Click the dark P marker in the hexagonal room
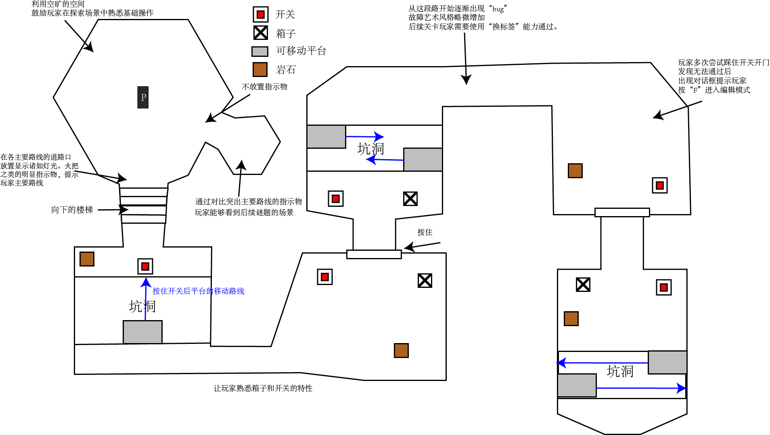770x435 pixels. (x=143, y=97)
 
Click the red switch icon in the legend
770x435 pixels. (x=261, y=15)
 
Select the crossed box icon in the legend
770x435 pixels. (x=261, y=33)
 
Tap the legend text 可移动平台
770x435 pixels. (x=301, y=51)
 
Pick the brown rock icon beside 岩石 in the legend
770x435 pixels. (x=260, y=69)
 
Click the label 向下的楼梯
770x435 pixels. (x=72, y=210)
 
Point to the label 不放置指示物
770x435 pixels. (x=264, y=87)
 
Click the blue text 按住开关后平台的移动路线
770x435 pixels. (x=198, y=291)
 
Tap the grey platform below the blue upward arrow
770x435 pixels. (x=142, y=332)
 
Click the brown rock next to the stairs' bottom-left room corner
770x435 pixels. (x=87, y=259)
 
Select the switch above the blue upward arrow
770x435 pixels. (x=145, y=266)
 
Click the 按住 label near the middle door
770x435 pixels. (x=425, y=232)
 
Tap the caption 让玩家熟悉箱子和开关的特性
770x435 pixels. (x=263, y=388)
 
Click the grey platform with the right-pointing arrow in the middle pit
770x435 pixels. (x=326, y=137)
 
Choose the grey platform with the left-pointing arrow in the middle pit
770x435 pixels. (x=423, y=160)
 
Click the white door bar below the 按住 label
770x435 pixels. (x=374, y=254)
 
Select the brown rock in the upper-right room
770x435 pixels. (x=575, y=171)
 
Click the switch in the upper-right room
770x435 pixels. (x=659, y=185)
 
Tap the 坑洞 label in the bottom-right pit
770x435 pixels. (x=620, y=371)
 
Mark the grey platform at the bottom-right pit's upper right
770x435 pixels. (x=667, y=362)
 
